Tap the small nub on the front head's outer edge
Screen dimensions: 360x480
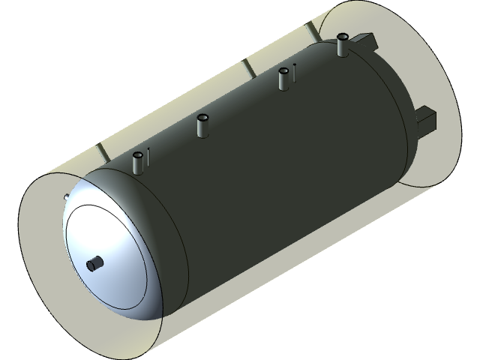(67, 197)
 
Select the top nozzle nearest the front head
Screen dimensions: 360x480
(138, 162)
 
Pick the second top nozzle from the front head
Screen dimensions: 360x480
(202, 125)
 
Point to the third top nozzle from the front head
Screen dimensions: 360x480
(283, 78)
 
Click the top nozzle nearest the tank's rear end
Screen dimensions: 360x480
(343, 45)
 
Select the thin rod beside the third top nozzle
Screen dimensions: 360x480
(294, 73)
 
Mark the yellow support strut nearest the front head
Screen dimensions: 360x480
(101, 153)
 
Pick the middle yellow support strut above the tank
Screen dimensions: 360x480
(246, 69)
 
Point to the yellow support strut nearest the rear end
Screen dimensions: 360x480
(309, 31)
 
